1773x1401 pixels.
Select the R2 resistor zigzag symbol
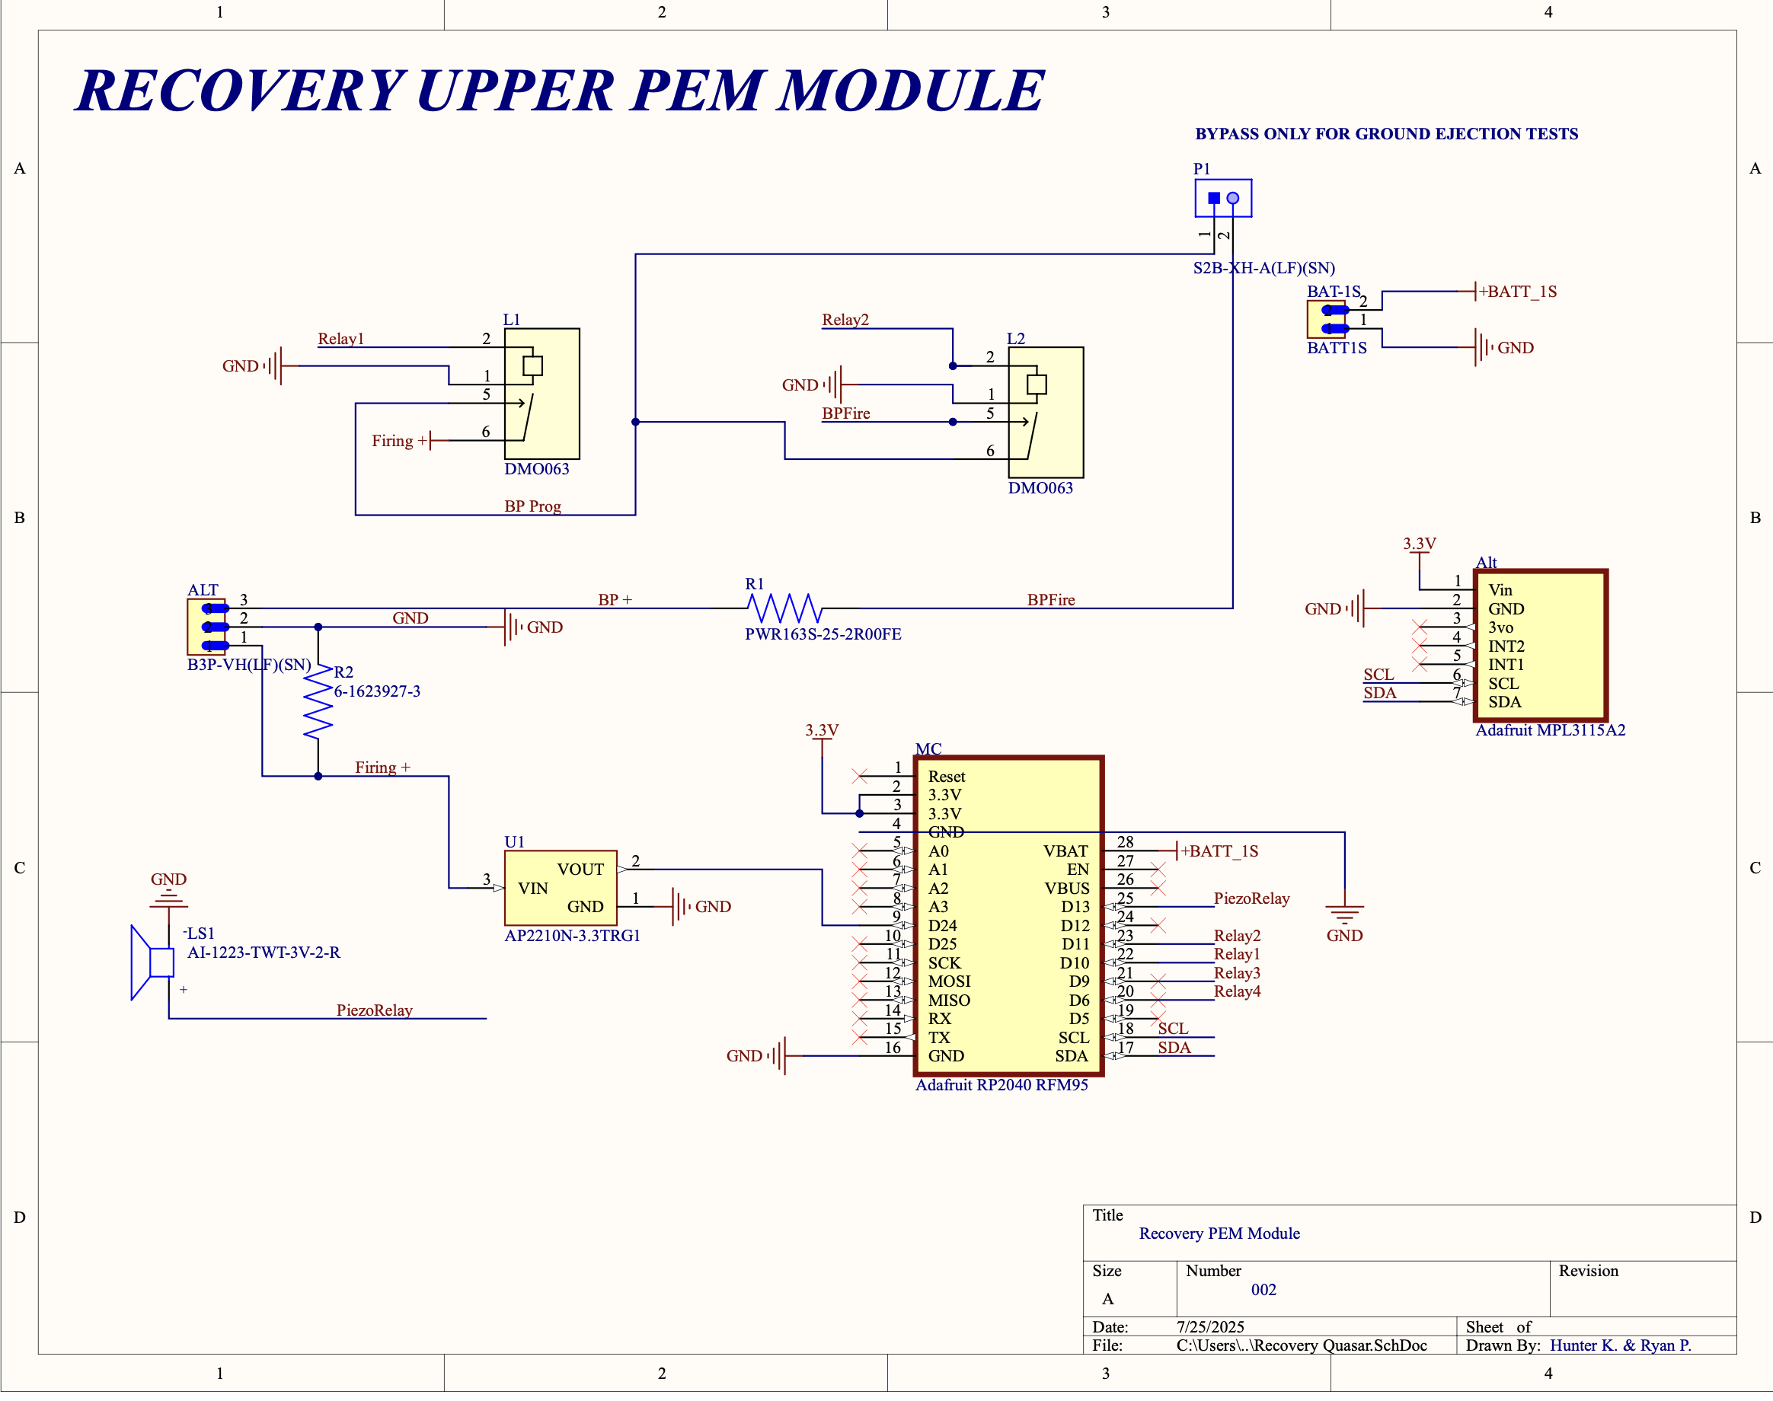coord(318,701)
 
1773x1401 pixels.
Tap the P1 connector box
coord(1222,198)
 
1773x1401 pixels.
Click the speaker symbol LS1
coord(153,962)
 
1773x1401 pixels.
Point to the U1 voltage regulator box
coord(561,888)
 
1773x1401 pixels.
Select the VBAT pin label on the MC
coord(1065,850)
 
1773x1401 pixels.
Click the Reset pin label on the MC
coord(946,776)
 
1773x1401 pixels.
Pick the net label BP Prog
coord(532,506)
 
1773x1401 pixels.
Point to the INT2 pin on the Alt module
coord(1506,646)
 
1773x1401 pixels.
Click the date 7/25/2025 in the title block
coord(1209,1326)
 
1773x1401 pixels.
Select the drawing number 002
coord(1263,1289)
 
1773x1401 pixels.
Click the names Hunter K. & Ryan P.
coord(1620,1345)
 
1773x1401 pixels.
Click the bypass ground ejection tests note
coord(1386,134)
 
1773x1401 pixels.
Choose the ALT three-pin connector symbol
coord(206,627)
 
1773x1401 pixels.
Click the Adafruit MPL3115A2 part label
coord(1550,730)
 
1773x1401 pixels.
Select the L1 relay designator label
coord(511,319)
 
